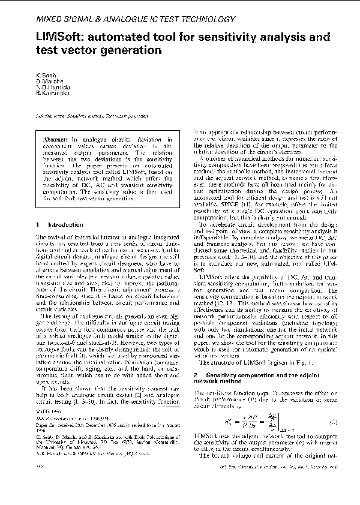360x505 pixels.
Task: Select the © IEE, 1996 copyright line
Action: pyautogui.click(x=46, y=431)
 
